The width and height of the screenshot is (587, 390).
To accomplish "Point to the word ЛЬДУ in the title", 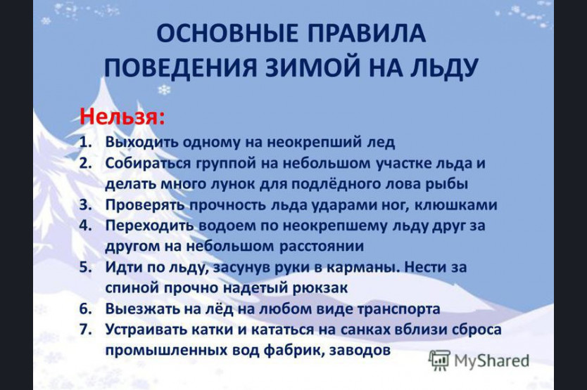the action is [441, 69].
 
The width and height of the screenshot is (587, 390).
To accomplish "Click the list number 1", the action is [85, 143].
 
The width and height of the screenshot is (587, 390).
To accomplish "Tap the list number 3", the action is [85, 205].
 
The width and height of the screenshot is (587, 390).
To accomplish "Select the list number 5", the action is [85, 268].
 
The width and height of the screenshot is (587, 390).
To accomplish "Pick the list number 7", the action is [85, 330].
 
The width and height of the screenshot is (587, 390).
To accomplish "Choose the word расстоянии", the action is [322, 247].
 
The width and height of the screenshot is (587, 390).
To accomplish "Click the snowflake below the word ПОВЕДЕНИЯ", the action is [163, 90].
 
